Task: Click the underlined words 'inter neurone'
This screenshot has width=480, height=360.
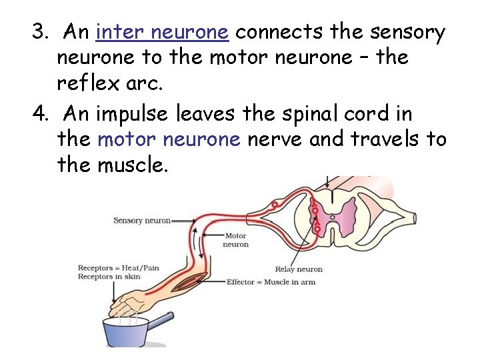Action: click(163, 32)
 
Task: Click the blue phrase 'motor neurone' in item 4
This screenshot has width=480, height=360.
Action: click(169, 139)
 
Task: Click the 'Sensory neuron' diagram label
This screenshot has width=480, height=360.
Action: click(142, 221)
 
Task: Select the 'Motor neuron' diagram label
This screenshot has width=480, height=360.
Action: click(235, 240)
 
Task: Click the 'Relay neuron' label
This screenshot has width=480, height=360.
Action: click(299, 269)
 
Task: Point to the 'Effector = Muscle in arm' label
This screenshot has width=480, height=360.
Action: click(271, 282)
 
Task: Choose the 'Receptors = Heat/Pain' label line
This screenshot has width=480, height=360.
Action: click(119, 268)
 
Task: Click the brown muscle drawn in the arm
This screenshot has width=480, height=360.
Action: click(193, 281)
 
